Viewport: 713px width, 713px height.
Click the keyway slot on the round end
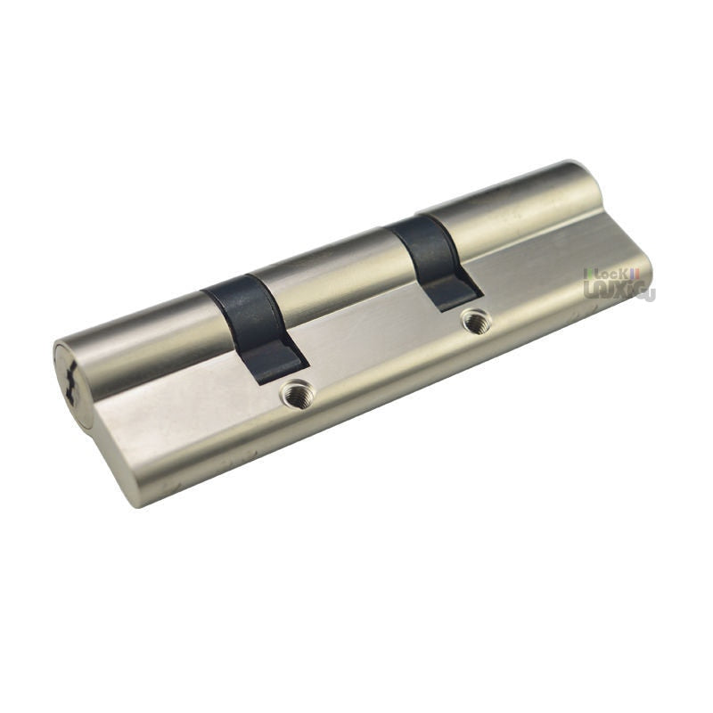[x=70, y=381]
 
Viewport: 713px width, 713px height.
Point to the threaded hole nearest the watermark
[x=474, y=320]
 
